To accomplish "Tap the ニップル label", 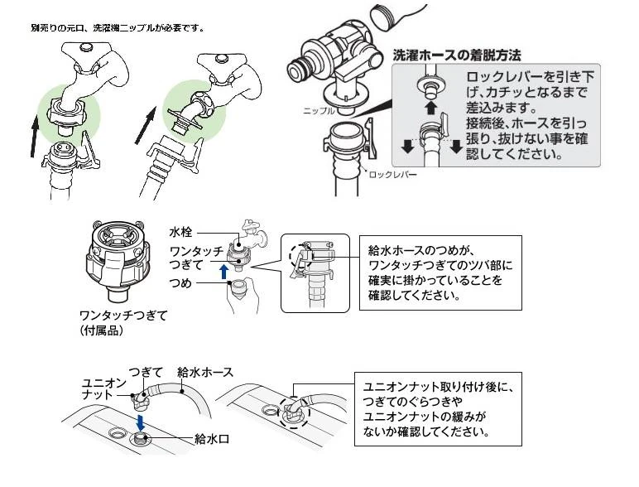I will [x=319, y=110].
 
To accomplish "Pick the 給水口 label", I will [x=209, y=436].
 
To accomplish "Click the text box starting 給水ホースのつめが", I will [x=440, y=272].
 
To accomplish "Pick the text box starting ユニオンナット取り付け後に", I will [x=440, y=408].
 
